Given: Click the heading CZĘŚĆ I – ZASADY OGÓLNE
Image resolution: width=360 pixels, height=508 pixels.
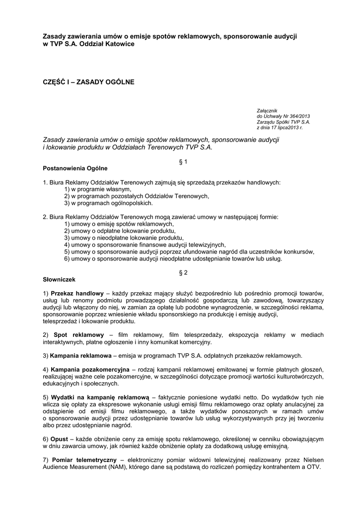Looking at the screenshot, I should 88,81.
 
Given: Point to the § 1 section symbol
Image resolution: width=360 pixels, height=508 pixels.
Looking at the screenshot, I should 182,161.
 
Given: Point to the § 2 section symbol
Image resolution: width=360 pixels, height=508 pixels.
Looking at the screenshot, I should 182,272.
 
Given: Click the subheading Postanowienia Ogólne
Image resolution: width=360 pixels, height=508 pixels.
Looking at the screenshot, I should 75,168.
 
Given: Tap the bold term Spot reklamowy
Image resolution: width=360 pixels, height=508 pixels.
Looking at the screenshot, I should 77,334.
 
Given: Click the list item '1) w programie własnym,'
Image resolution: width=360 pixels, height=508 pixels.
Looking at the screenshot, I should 97,189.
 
